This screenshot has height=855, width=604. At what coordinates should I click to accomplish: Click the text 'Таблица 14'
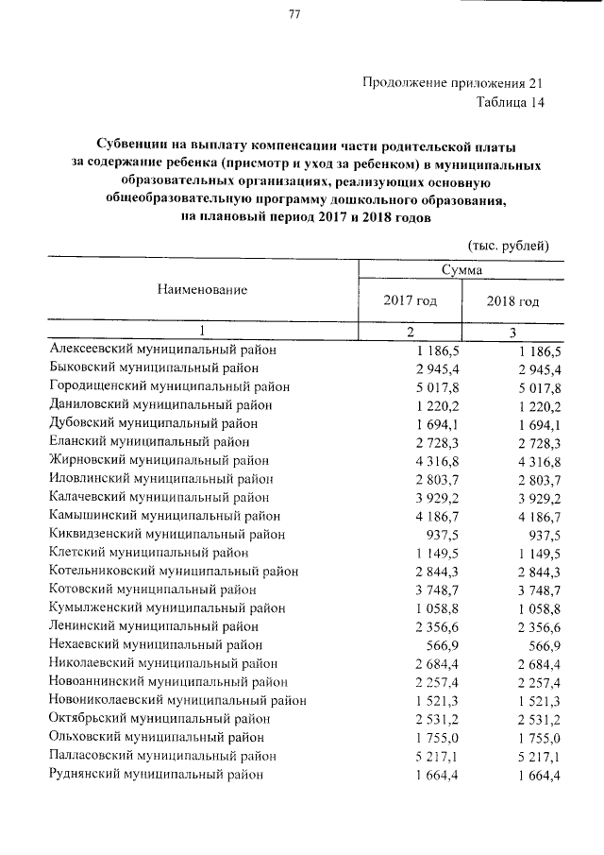tap(511, 102)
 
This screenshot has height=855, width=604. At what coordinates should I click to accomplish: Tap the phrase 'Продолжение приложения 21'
tap(453, 83)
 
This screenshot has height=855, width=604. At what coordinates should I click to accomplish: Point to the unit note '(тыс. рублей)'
tap(508, 245)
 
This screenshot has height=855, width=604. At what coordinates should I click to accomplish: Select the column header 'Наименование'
tap(202, 290)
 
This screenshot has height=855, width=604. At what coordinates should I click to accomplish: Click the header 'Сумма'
tap(461, 270)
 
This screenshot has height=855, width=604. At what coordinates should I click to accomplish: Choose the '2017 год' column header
tap(410, 301)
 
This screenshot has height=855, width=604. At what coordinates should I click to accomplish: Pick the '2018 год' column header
tap(512, 301)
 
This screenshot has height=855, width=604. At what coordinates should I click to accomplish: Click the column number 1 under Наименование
tap(201, 331)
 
